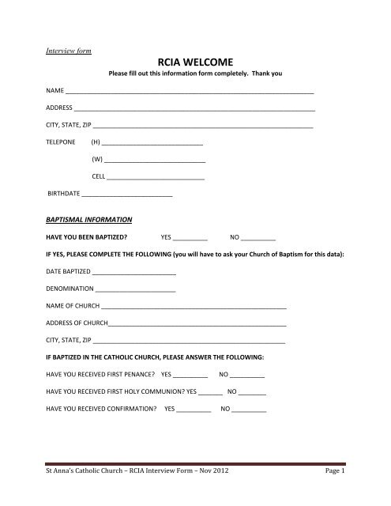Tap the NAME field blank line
tap(190, 93)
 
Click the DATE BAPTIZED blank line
tap(134, 274)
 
